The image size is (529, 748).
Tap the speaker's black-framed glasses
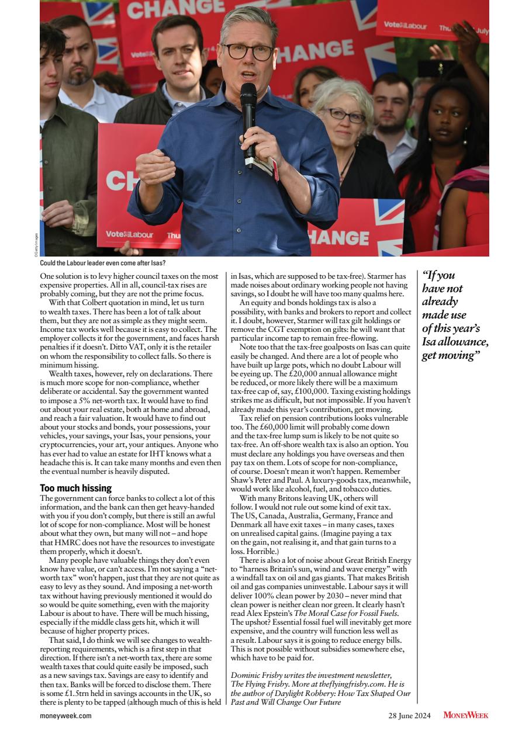pos(248,51)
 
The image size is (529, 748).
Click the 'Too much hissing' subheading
pos(75,487)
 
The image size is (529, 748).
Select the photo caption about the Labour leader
pos(102,263)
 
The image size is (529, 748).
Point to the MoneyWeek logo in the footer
pos(465,715)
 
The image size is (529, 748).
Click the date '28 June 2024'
pos(410,715)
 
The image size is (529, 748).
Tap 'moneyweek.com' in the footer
pos(65,715)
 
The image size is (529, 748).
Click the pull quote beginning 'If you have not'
pos(455,315)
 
